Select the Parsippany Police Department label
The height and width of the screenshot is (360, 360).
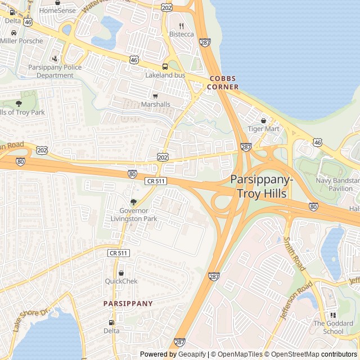pyautogui.click(x=55, y=71)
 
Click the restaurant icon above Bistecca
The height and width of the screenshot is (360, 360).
pyautogui.click(x=181, y=26)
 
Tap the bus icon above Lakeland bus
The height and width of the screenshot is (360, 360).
pyautogui.click(x=165, y=66)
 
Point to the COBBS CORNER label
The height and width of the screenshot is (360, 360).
pyautogui.click(x=223, y=83)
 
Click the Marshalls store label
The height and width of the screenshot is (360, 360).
pyautogui.click(x=155, y=104)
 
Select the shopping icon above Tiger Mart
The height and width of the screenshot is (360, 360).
pyautogui.click(x=263, y=120)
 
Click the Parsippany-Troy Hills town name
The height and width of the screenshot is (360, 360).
pyautogui.click(x=262, y=186)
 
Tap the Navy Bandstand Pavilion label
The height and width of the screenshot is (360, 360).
pyautogui.click(x=337, y=184)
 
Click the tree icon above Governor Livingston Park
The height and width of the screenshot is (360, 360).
pyautogui.click(x=133, y=202)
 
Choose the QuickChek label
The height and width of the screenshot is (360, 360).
pyautogui.click(x=121, y=281)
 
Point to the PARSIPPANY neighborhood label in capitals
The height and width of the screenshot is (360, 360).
pyautogui.click(x=128, y=303)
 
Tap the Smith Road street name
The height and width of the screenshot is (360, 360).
pyautogui.click(x=294, y=253)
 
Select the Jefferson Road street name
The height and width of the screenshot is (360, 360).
pyautogui.click(x=296, y=300)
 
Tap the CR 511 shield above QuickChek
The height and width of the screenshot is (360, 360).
pyautogui.click(x=119, y=254)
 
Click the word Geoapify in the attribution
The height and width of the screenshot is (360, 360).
pyautogui.click(x=193, y=354)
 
